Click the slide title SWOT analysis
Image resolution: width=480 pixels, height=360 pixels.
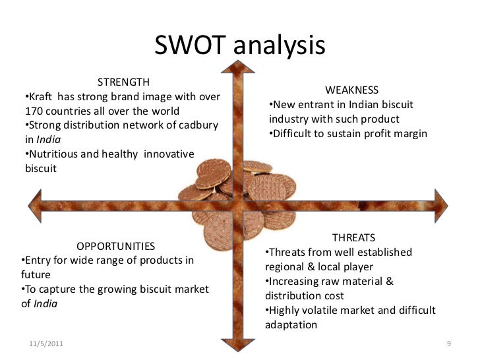coord(240,45)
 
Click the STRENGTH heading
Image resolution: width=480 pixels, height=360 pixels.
coord(123,82)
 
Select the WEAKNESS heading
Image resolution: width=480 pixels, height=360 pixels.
coord(352,90)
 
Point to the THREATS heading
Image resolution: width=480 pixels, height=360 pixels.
coord(354,237)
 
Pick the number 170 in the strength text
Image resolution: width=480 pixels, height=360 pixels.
coord(33,111)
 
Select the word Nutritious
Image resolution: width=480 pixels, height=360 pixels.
coord(53,154)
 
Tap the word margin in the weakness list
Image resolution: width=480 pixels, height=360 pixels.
coord(410,133)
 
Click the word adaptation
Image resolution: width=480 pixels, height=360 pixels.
coord(291,325)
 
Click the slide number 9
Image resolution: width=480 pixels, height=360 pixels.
coord(448,345)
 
